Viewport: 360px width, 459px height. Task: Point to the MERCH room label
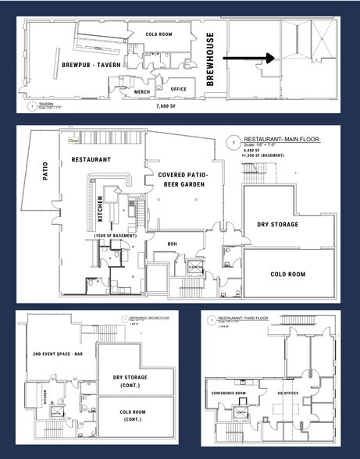141,92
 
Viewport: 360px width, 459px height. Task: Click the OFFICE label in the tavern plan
180,89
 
